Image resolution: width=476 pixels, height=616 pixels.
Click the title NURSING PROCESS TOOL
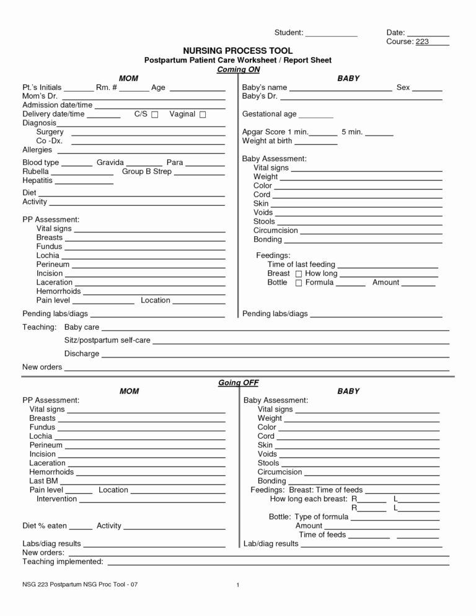[238, 50]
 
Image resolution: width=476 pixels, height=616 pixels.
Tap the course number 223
[422, 42]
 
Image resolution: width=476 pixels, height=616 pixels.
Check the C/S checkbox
[155, 115]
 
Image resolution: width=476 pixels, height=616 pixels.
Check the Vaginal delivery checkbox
[203, 115]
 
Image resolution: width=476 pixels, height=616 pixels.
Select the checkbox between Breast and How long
[299, 274]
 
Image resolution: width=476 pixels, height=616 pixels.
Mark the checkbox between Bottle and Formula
[299, 283]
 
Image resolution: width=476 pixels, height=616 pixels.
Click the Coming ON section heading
[238, 69]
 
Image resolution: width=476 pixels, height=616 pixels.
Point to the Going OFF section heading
[238, 382]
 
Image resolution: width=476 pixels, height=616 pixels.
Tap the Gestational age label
[269, 115]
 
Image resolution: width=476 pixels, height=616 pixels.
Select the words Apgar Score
[263, 132]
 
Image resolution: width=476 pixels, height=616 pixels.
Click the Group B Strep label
[147, 171]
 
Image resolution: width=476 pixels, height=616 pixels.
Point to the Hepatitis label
[38, 180]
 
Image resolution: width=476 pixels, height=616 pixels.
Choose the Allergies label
[37, 150]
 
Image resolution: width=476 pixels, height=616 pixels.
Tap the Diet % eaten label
[44, 526]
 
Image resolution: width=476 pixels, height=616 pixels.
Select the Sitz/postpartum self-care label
[107, 341]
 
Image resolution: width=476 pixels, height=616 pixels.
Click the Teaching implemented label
[63, 561]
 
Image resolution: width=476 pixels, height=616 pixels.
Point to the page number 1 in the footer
[238, 585]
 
